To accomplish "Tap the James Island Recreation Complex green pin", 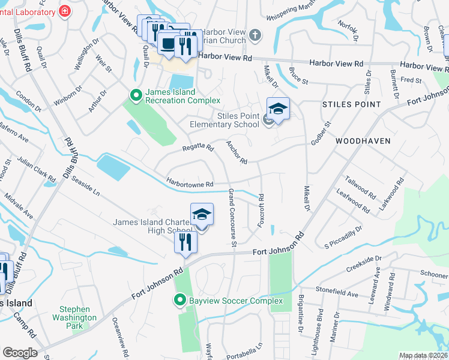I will [136, 95].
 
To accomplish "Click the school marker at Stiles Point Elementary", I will [278, 109].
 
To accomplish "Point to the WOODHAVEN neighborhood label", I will [363, 141].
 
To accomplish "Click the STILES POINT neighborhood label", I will [351, 104].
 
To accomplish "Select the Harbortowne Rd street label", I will [191, 184].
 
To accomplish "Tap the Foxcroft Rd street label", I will [261, 210].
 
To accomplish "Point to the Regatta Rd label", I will [198, 148].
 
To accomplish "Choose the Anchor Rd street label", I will [237, 152].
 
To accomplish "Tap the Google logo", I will [19, 353].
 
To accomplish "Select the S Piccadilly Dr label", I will [343, 237].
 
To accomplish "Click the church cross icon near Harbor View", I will [255, 35].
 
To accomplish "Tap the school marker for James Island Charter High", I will [202, 215].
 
